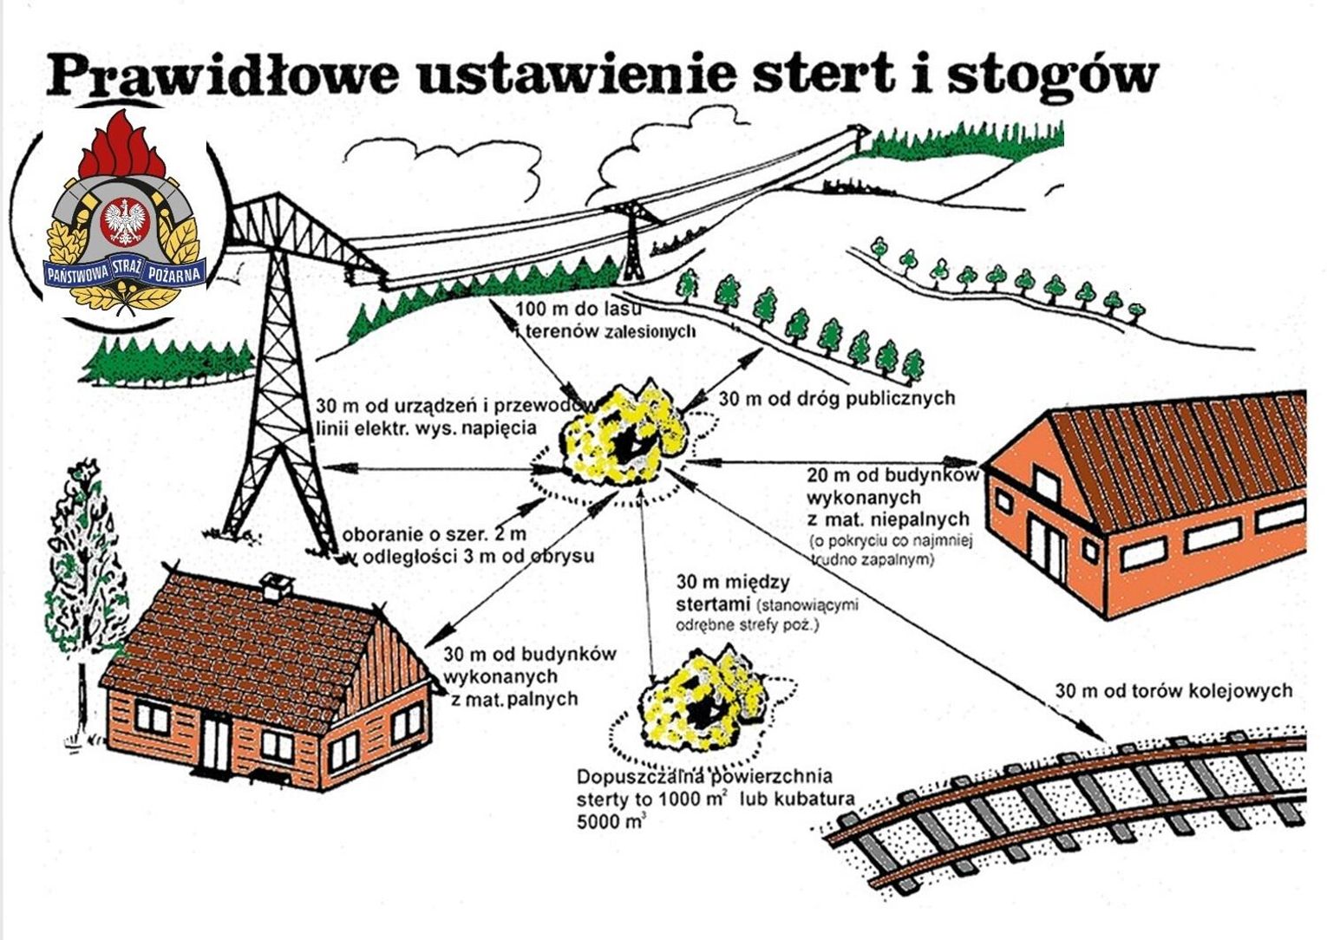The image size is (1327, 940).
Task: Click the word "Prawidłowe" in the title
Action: coord(221,74)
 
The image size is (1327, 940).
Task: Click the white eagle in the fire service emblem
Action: coord(127,222)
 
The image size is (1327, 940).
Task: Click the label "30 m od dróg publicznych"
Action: coord(836,398)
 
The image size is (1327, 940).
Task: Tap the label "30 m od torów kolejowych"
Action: coord(1173,691)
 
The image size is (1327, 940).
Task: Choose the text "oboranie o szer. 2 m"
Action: coord(435,534)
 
